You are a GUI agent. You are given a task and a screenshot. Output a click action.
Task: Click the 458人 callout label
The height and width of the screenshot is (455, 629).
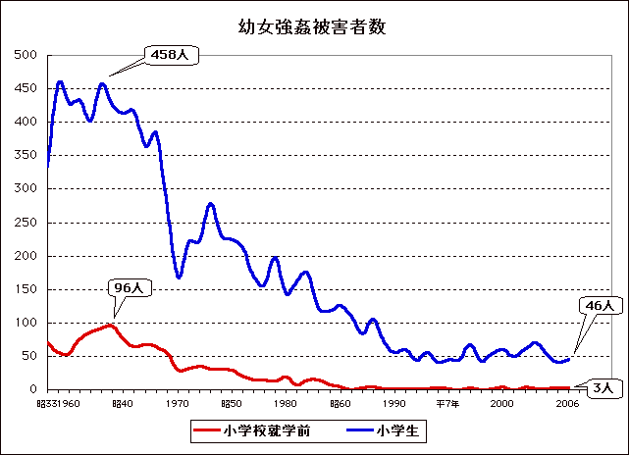click(x=171, y=55)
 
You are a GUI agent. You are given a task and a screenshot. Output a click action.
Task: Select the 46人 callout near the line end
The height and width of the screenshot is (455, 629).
click(x=598, y=306)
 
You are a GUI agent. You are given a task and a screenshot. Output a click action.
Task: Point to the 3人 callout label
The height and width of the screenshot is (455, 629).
click(x=601, y=388)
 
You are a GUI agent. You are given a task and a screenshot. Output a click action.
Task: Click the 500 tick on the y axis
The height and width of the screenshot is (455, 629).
click(x=26, y=55)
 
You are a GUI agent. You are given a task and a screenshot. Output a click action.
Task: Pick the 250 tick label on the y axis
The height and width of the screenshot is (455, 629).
click(x=26, y=223)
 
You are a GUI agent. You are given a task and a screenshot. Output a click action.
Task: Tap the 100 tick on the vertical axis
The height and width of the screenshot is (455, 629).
click(x=26, y=323)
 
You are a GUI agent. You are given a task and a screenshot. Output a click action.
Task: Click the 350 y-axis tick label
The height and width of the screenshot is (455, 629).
click(x=26, y=155)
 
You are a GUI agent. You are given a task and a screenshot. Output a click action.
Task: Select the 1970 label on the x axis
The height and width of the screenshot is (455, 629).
click(x=178, y=403)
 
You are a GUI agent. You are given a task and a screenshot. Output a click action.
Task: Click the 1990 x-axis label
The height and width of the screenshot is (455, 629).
click(x=394, y=403)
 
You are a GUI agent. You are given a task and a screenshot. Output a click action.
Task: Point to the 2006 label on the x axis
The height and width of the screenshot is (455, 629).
click(x=567, y=403)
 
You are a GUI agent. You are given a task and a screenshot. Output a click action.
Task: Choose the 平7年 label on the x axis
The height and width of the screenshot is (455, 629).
click(x=447, y=403)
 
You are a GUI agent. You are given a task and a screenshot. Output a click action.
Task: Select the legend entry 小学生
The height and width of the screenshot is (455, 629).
click(x=406, y=430)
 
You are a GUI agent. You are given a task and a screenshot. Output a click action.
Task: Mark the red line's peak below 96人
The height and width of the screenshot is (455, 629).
click(x=110, y=325)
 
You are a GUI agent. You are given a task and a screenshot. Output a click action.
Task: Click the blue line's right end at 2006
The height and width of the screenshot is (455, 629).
click(x=568, y=359)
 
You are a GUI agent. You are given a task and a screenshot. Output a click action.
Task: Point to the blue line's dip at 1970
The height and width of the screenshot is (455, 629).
click(x=179, y=278)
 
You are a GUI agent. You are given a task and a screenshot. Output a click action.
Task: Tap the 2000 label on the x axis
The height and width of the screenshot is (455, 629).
click(x=502, y=403)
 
